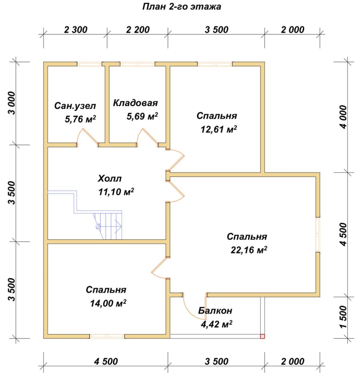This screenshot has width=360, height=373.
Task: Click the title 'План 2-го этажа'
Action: tap(182, 6)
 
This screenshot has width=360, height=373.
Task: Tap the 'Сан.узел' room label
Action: tap(75, 106)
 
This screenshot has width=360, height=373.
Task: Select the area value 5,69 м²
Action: tap(142, 116)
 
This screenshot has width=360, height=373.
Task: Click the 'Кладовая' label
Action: tap(135, 103)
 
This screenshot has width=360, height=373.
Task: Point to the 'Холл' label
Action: tap(110, 178)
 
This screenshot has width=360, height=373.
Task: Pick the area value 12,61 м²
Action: tap(219, 129)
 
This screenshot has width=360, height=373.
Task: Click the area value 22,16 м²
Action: tap(249, 250)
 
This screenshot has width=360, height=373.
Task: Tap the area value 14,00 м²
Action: tap(108, 303)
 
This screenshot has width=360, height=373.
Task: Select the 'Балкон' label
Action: tap(215, 311)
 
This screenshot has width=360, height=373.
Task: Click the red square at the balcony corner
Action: tap(262, 336)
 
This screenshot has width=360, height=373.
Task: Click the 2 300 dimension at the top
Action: tap(76, 30)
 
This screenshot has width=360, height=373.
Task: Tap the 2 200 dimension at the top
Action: tap(138, 30)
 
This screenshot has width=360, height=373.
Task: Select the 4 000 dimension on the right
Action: tap(344, 117)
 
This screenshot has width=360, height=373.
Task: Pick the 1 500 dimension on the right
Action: tap(344, 317)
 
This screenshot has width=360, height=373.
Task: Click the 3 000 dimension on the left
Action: tap(12, 103)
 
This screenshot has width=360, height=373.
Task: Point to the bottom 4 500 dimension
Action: tap(106, 361)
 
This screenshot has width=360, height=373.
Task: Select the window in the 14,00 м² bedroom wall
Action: tap(107, 336)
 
